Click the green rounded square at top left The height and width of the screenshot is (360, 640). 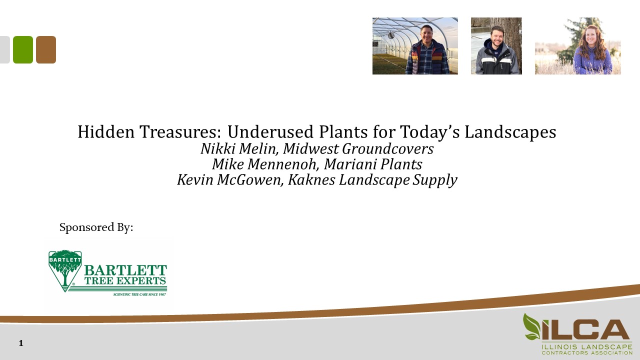[x=23, y=49]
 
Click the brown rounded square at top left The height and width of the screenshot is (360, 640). [x=46, y=49]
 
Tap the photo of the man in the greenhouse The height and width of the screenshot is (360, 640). [x=415, y=46]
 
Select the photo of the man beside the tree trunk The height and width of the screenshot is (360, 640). [x=496, y=46]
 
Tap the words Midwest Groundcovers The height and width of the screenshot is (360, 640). [x=358, y=149]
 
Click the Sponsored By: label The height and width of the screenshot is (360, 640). [x=96, y=227]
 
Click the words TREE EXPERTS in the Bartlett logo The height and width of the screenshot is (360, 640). [x=125, y=281]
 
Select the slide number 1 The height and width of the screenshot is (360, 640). [x=21, y=343]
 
